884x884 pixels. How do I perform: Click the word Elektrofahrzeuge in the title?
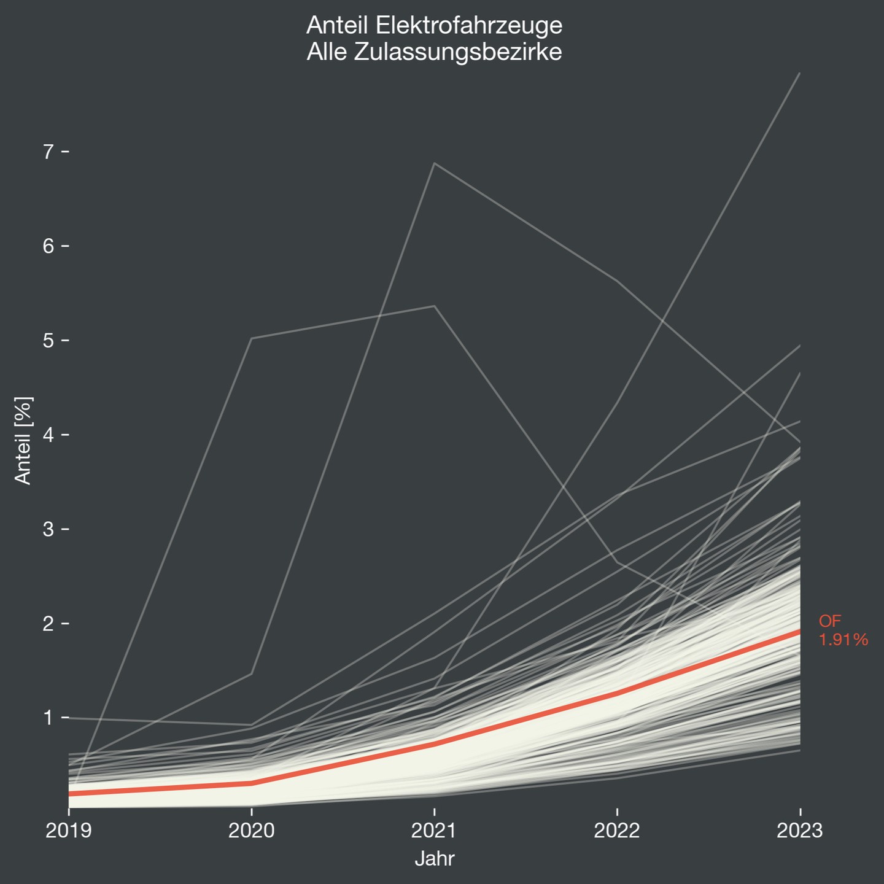[x=469, y=26]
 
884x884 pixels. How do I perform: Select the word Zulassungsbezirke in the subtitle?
[x=458, y=52]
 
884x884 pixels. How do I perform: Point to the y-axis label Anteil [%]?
[x=23, y=441]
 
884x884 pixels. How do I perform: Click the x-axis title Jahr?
[x=435, y=858]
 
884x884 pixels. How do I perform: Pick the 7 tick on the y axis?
[x=49, y=152]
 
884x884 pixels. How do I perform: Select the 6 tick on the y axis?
[x=49, y=246]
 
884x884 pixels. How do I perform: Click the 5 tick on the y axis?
[x=49, y=341]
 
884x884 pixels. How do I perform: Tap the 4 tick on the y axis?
[x=49, y=435]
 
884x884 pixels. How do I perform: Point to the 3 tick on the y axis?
[x=49, y=529]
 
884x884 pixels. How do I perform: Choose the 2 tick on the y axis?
[x=49, y=624]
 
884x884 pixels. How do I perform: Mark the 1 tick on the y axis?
[x=49, y=718]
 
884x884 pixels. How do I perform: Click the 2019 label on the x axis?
[x=69, y=831]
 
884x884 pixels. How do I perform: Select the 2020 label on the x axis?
[x=252, y=831]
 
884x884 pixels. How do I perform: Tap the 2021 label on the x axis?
[x=435, y=831]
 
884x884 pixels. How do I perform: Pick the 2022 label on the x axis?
[x=617, y=831]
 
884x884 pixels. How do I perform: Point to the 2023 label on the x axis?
[x=799, y=831]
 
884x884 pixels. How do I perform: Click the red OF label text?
[x=830, y=621]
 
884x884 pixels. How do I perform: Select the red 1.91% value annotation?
[x=843, y=640]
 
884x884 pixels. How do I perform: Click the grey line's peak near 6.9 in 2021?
[x=435, y=163]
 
